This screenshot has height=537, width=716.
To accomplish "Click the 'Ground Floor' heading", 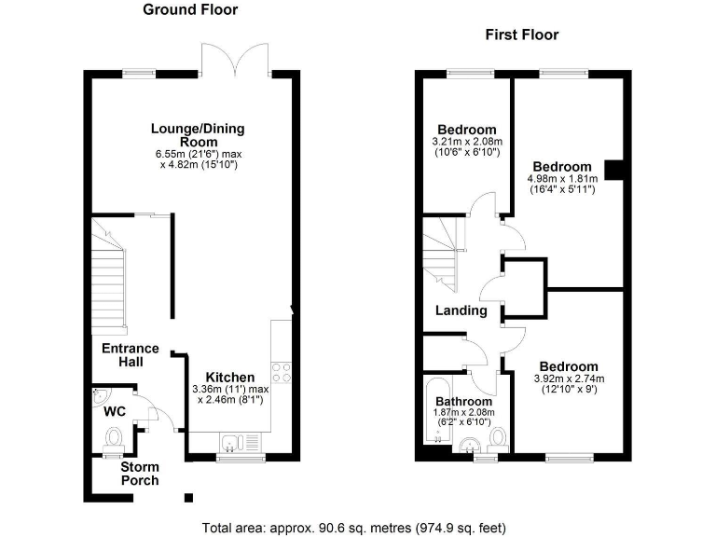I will click(x=190, y=10).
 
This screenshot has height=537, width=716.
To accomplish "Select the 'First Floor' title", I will click(x=521, y=35).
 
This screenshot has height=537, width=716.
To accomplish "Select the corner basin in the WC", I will click(x=103, y=399).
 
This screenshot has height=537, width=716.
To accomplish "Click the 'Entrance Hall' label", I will click(x=131, y=354).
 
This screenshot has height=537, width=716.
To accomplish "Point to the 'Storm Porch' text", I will click(x=139, y=473).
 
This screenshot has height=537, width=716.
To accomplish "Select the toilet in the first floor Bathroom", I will click(x=499, y=436).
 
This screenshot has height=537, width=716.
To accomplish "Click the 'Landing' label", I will click(x=461, y=310).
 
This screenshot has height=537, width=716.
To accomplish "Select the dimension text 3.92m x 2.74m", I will click(x=569, y=379).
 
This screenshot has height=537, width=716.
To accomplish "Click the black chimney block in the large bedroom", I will click(x=613, y=169).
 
